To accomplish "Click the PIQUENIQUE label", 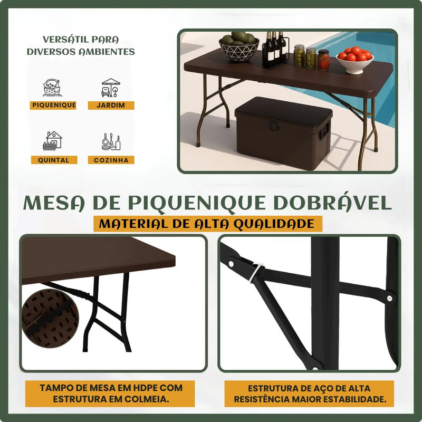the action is coord(53,105).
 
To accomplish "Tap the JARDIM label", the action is coord(111,105).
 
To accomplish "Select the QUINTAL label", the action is coord(54,160).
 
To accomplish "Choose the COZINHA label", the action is coord(111,160).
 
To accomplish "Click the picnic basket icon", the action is coord(53,88).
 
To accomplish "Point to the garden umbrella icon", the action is coord(111,88).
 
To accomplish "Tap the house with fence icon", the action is coord(52,140).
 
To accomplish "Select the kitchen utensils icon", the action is coord(111,141).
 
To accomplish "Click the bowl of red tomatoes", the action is coord(354,60).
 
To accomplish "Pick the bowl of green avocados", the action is coord(239,46).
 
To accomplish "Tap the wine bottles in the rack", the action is coord(275,49).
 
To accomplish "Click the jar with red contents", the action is coord(323,60).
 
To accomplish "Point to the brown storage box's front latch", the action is coord(274,126).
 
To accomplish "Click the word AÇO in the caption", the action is coord(322,388).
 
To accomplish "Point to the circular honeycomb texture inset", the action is coord(50,319).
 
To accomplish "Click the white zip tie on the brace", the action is coord(256,272).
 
